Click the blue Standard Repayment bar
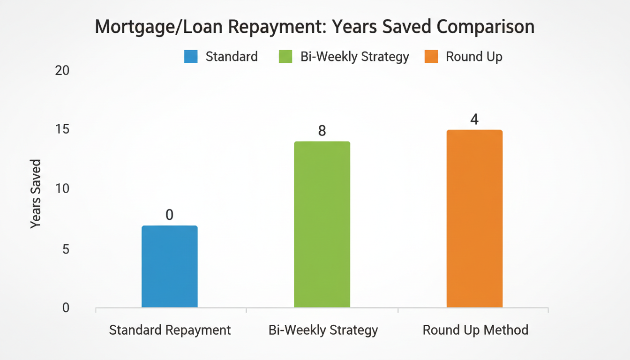169,266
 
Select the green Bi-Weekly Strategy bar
322,224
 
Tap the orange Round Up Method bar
474,218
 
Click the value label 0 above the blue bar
169,215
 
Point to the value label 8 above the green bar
322,131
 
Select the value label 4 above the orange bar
474,120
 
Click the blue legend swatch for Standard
191,57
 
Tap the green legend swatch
285,57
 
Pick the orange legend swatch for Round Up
431,57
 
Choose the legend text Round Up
474,57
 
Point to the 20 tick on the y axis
62,70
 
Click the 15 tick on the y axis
62,129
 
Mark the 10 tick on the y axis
62,188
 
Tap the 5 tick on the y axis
66,248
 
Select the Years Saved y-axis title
36,194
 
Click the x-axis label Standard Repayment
170,330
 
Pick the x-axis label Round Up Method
475,330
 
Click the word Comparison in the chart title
486,27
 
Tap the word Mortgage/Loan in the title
144,27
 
